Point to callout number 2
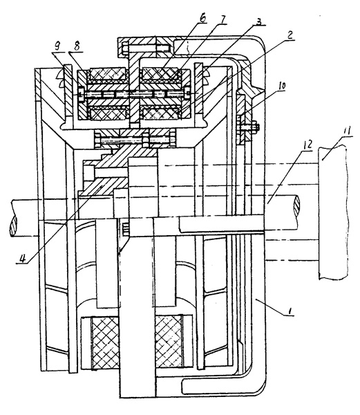290,35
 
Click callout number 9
57,46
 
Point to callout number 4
23,258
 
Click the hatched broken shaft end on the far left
13,226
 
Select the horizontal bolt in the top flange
145,48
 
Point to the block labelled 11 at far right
332,212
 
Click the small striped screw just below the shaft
126,228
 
